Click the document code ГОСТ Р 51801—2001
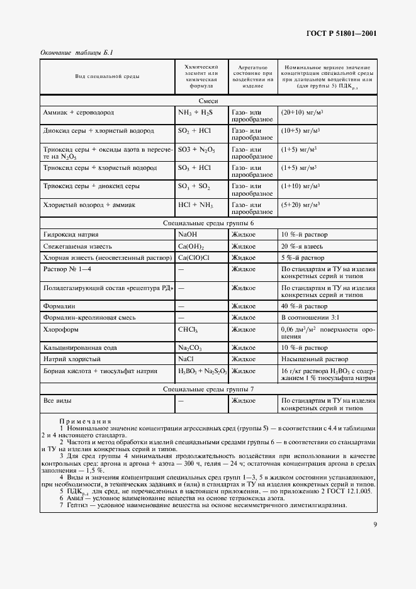point(340,33)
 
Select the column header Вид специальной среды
point(108,76)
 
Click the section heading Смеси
point(208,100)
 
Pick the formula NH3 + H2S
point(196,112)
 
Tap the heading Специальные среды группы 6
point(208,223)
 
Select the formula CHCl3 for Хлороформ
point(188,329)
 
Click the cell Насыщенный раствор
point(310,359)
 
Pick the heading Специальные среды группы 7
point(208,389)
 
